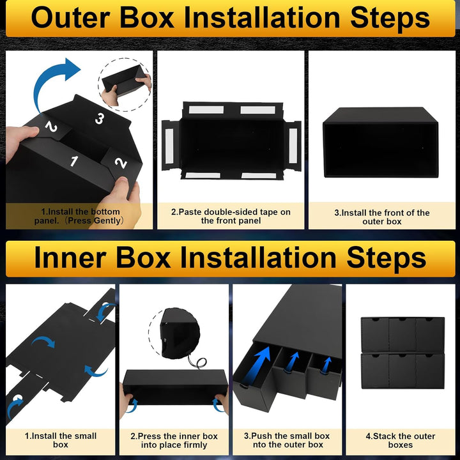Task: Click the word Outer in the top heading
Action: pyautogui.click(x=70, y=18)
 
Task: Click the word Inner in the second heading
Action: pyautogui.click(x=70, y=258)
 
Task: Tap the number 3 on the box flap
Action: pyautogui.click(x=100, y=119)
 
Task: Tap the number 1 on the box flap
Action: pyautogui.click(x=73, y=161)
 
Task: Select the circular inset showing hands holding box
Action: pyautogui.click(x=125, y=84)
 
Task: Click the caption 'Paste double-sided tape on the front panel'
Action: pyautogui.click(x=231, y=216)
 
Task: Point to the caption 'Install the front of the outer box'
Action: pyautogui.click(x=381, y=217)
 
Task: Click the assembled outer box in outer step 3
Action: pyautogui.click(x=381, y=142)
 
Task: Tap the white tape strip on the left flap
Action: pyautogui.click(x=169, y=146)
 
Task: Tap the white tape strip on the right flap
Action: pyautogui.click(x=293, y=146)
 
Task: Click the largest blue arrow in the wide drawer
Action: pyautogui.click(x=258, y=364)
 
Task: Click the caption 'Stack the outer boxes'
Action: pyautogui.click(x=401, y=440)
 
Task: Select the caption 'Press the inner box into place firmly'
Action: pyautogui.click(x=174, y=440)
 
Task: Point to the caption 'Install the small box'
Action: pyautogui.click(x=61, y=440)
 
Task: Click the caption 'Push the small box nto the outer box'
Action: pyautogui.click(x=287, y=440)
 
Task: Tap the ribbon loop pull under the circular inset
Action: pyautogui.click(x=198, y=363)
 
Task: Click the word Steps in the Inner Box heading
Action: pyautogui.click(x=387, y=258)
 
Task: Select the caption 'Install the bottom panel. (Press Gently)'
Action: pyautogui.click(x=79, y=216)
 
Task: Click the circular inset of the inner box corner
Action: pyautogui.click(x=174, y=333)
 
